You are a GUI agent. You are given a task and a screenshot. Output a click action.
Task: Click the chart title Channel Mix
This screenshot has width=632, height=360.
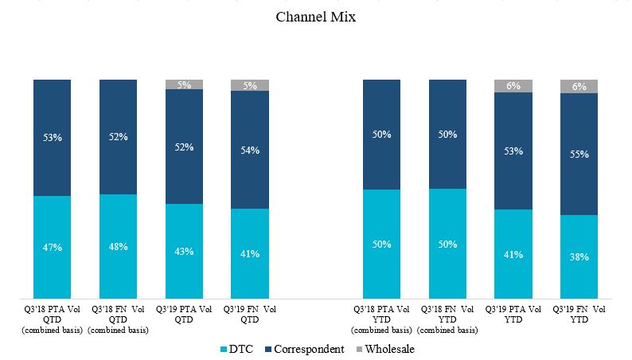coord(315,17)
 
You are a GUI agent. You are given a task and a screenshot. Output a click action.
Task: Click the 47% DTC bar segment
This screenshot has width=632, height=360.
coord(53,247)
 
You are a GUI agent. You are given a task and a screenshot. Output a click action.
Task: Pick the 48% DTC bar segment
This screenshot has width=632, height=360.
coord(118,246)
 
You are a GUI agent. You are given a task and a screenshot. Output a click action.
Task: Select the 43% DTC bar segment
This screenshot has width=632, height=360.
coord(184,251)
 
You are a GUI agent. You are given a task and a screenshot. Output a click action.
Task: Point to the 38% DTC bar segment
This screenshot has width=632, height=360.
coord(579,256)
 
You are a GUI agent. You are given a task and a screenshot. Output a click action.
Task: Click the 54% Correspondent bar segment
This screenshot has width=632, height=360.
coord(250,150)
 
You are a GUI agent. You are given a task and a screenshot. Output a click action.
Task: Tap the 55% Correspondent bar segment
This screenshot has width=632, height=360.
coord(579,154)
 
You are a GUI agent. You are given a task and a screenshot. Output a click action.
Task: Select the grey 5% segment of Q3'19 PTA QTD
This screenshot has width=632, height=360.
coord(184,84)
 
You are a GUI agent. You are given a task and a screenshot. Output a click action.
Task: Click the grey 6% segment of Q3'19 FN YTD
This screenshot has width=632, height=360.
coord(579,86)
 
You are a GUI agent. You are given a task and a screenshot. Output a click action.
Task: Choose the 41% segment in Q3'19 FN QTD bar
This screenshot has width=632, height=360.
coord(250,253)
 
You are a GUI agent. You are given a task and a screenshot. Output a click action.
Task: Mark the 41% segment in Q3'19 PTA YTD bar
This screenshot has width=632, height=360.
coord(513,254)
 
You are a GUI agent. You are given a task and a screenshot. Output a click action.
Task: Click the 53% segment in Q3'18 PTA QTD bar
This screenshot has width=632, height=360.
coord(53,137)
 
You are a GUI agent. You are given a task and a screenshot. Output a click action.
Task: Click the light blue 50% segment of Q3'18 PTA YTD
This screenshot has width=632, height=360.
coord(382,244)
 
